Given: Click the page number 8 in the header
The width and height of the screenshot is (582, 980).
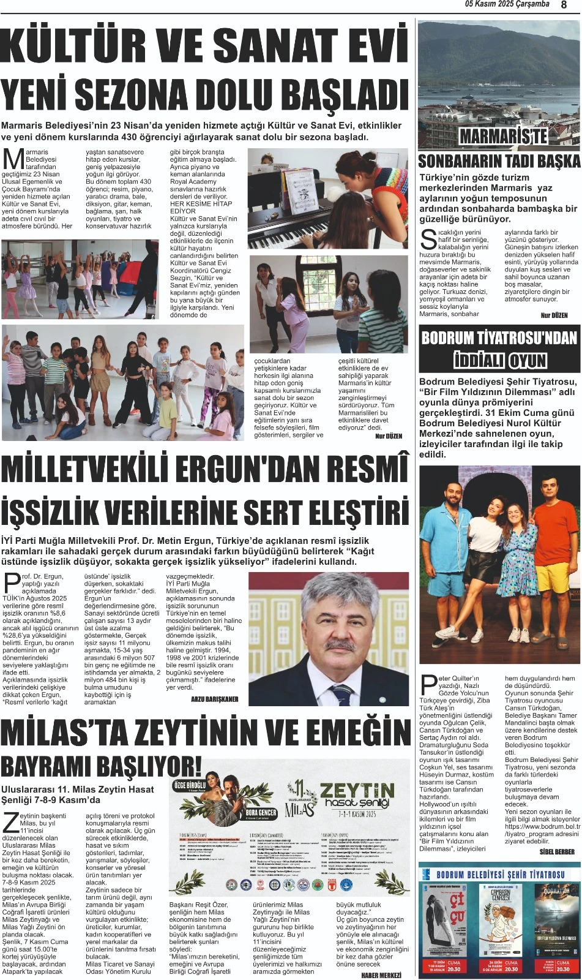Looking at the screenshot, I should click(563, 5).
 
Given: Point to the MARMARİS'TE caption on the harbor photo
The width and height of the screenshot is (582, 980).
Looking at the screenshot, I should click(503, 136).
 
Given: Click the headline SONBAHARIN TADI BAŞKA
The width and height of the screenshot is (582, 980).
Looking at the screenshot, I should click(499, 162).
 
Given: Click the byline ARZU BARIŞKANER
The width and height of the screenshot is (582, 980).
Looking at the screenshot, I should click(214, 699).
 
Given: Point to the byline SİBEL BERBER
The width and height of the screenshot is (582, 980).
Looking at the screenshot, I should click(557, 852).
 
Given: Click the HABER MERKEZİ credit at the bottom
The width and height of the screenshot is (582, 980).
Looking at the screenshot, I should click(381, 974).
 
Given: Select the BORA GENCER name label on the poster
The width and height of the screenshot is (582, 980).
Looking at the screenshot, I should click(261, 813).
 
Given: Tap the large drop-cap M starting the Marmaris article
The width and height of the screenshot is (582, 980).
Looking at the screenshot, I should click(13, 159).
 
